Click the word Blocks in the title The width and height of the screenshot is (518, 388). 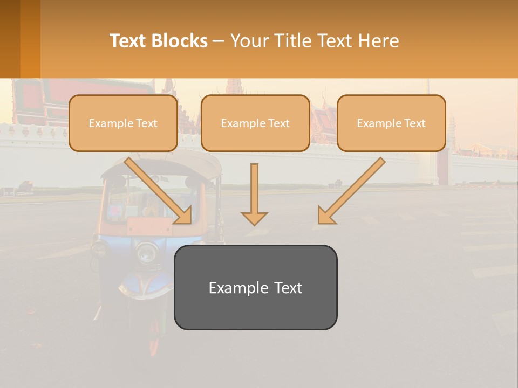pyautogui.click(x=180, y=41)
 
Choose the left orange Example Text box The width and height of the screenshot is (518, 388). pyautogui.click(x=123, y=123)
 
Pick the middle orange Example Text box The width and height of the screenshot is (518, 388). pyautogui.click(x=255, y=123)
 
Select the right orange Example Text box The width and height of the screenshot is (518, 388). pyautogui.click(x=391, y=123)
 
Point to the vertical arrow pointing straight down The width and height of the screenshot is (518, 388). pyautogui.click(x=254, y=194)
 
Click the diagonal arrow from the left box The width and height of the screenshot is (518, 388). pyautogui.click(x=159, y=191)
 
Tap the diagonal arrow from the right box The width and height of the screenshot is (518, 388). pyautogui.click(x=351, y=191)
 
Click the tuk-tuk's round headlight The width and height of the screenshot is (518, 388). pyautogui.click(x=146, y=252)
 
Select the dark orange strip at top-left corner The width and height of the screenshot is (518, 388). pyautogui.click(x=10, y=39)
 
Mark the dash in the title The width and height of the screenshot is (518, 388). pyautogui.click(x=219, y=41)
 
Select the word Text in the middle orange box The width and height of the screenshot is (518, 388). pyautogui.click(x=279, y=123)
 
